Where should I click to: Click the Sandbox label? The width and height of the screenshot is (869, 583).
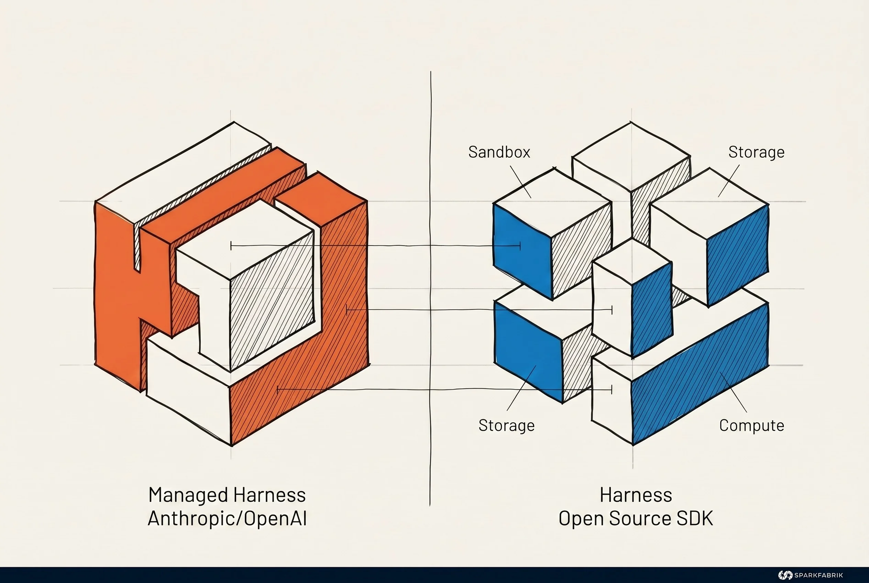pyautogui.click(x=499, y=152)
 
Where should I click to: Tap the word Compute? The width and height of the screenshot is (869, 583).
pyautogui.click(x=751, y=425)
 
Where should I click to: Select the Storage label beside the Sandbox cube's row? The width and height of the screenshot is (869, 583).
pyautogui.click(x=756, y=152)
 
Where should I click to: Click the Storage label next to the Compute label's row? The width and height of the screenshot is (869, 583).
pyautogui.click(x=506, y=425)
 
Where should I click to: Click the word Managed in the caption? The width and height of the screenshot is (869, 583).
pyautogui.click(x=188, y=496)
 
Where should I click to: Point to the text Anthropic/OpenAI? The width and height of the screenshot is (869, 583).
pyautogui.click(x=227, y=518)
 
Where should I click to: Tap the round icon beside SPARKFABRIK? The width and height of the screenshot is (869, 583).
pyautogui.click(x=785, y=575)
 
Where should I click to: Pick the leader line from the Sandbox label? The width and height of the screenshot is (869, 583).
pyautogui.click(x=520, y=182)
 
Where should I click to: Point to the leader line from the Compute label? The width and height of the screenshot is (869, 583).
pyautogui.click(x=733, y=392)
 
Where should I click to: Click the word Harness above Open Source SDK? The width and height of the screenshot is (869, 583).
pyautogui.click(x=636, y=496)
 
